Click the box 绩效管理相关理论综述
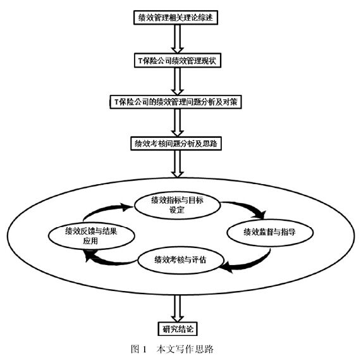(176, 18)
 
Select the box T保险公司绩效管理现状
(178, 61)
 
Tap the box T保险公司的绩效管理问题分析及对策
(176, 102)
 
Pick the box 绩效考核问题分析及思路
(176, 144)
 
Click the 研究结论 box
(178, 328)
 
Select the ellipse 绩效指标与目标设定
(178, 205)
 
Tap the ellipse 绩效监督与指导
(270, 232)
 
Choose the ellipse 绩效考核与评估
(181, 260)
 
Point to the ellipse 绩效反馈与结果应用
(92, 236)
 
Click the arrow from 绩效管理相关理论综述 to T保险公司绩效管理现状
(177, 39)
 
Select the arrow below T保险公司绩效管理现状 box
(177, 82)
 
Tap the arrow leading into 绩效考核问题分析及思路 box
(177, 123)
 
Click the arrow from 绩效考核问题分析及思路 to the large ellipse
(177, 164)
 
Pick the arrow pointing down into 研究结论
(177, 308)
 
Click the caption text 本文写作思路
(185, 349)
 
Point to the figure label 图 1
(138, 349)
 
